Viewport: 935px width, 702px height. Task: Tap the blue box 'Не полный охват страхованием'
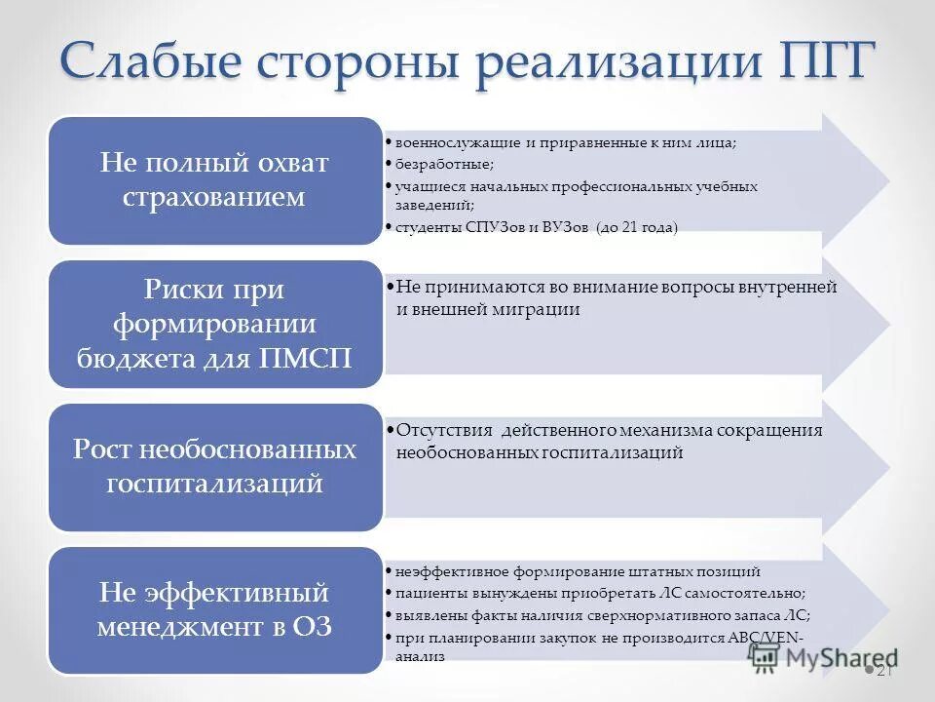pos(214,180)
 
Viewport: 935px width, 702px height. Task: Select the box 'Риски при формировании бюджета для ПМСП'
pos(214,324)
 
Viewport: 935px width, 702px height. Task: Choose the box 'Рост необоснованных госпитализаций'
pos(214,467)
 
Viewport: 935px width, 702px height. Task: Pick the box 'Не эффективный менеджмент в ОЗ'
pos(214,609)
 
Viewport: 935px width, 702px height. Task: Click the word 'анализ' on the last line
pos(420,657)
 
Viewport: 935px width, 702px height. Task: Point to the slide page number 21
pos(885,671)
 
